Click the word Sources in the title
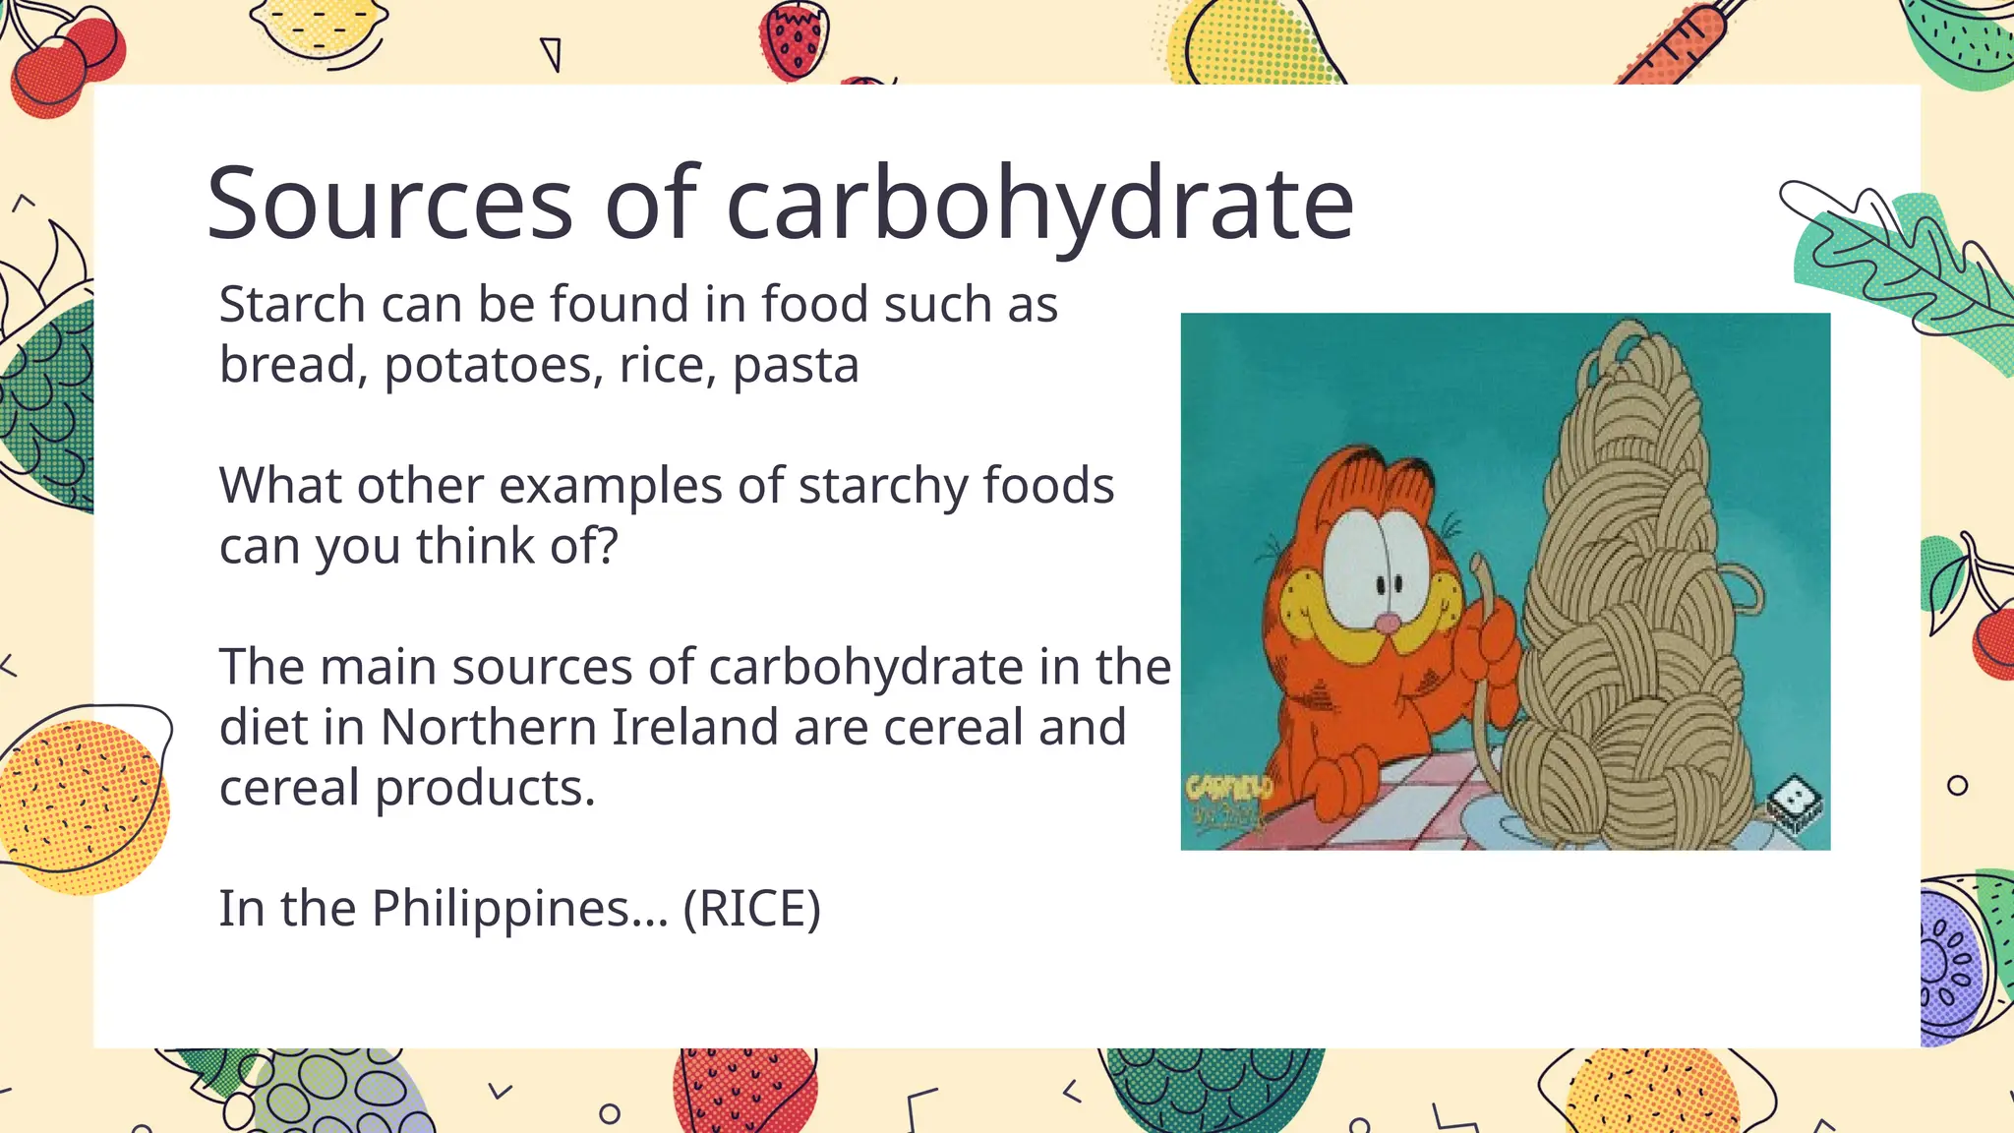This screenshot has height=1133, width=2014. tap(389, 204)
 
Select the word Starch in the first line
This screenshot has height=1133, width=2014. tap(292, 304)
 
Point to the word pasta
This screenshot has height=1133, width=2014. tap(796, 366)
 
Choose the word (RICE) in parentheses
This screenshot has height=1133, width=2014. tap(751, 909)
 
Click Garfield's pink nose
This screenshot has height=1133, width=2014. tap(1388, 623)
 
